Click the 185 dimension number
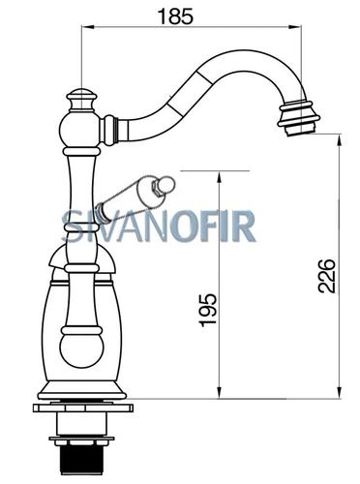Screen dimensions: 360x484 coord(176,16)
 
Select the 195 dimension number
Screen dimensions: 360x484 coord(208,310)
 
